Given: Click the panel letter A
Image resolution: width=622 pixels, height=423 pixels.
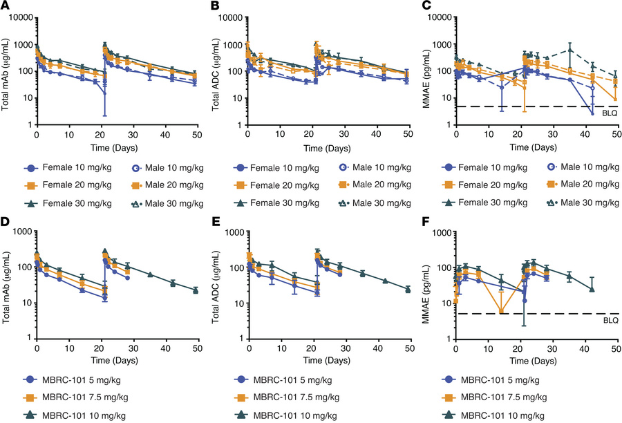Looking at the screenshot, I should point(5,6).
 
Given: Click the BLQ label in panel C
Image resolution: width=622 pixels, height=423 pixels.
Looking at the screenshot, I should point(608,111).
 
